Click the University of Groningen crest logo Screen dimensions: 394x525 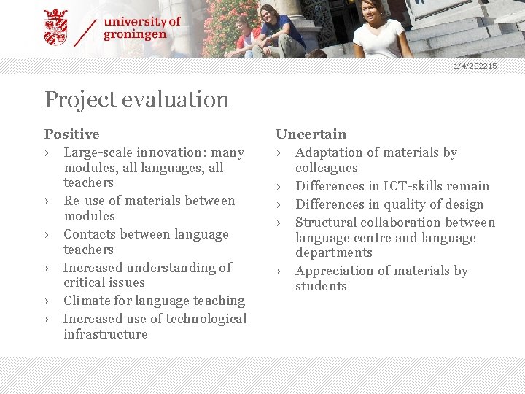tap(55, 27)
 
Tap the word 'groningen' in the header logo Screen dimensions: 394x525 tap(135, 34)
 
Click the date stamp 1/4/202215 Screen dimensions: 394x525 tap(475, 66)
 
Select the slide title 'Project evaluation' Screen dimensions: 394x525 tap(136, 99)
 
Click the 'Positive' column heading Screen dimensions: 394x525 tap(71, 134)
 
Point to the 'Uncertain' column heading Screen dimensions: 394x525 tap(311, 134)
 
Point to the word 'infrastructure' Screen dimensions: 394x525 tap(106, 334)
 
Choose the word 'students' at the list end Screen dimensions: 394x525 tap(321, 286)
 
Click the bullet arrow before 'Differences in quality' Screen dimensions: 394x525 tap(279, 205)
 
